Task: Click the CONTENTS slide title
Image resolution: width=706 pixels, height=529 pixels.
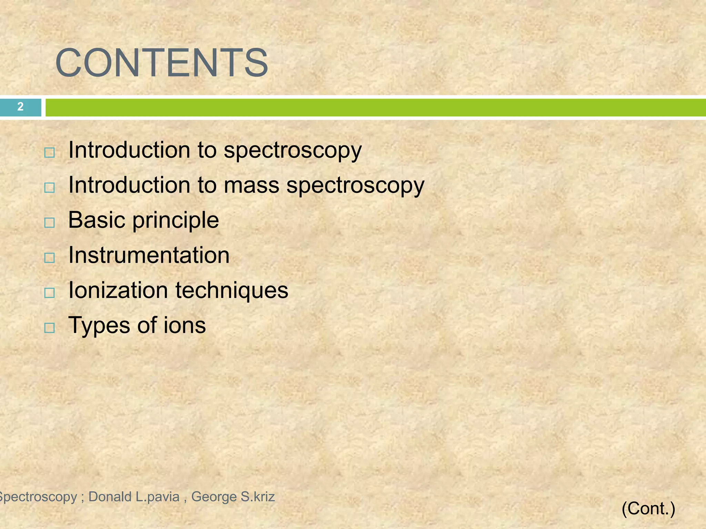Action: (x=161, y=63)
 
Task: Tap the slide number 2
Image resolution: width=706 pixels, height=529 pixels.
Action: (x=20, y=107)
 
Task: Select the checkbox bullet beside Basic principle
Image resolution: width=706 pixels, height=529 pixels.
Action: (x=50, y=223)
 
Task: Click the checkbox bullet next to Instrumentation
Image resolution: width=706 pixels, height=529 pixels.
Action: (x=50, y=258)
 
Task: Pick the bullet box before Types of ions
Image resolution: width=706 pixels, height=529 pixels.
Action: (x=50, y=328)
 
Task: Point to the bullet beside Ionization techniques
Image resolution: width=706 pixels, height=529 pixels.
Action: (x=50, y=293)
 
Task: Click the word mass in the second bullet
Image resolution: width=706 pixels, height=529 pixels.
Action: (x=251, y=186)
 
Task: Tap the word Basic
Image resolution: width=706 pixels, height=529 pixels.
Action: (x=97, y=220)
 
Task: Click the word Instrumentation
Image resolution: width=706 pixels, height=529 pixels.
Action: (x=149, y=255)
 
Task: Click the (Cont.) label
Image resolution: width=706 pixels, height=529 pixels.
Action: (x=648, y=508)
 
